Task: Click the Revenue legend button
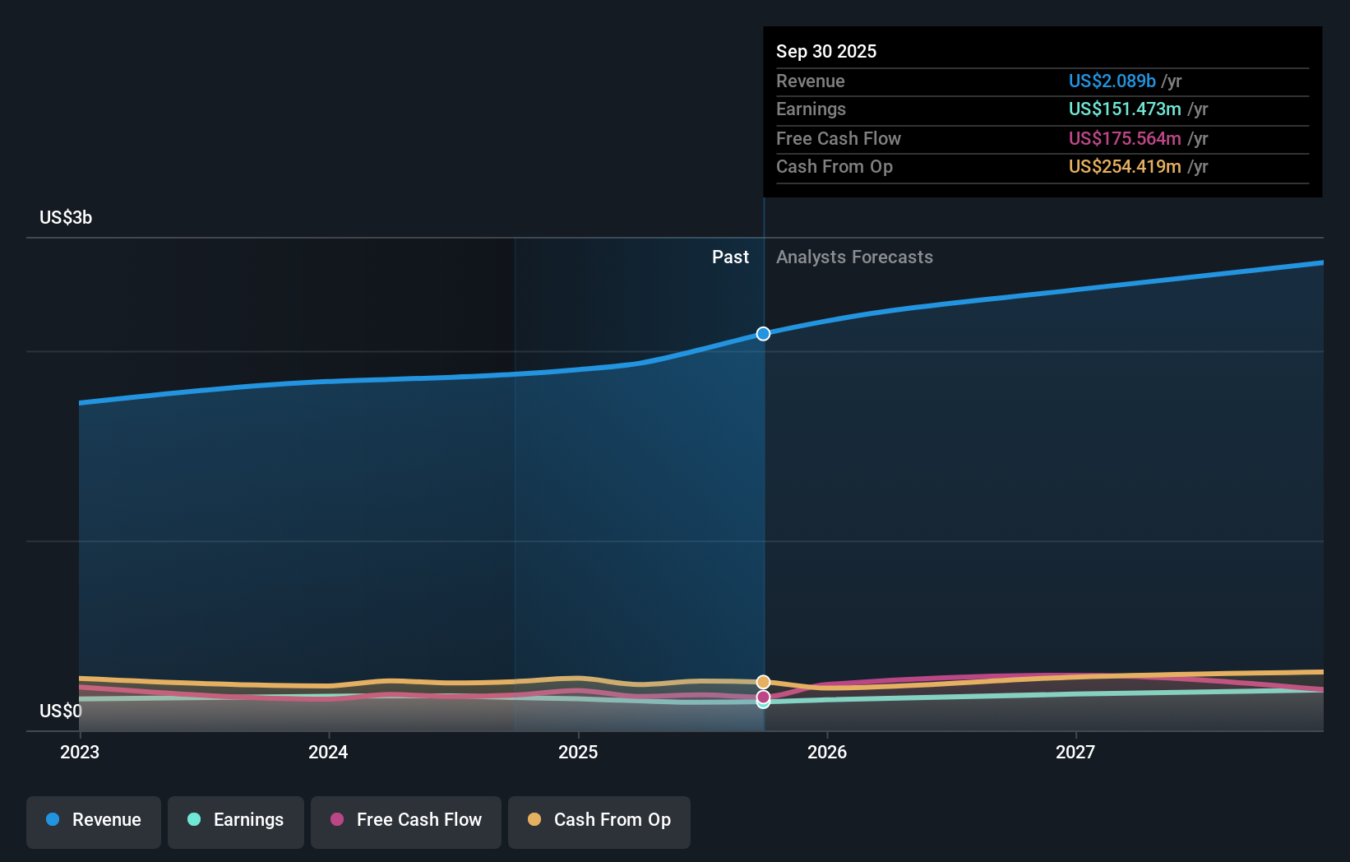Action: click(x=94, y=821)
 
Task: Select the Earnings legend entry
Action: click(x=236, y=821)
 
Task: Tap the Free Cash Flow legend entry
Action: click(x=406, y=821)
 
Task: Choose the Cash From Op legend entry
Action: click(x=599, y=821)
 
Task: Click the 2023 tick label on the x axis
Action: click(x=80, y=753)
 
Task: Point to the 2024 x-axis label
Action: click(x=328, y=753)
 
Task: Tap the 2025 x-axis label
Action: click(x=578, y=753)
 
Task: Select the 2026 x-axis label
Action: click(x=827, y=753)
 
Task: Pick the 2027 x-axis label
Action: click(x=1075, y=753)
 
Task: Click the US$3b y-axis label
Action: click(x=66, y=218)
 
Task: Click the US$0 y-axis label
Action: click(x=61, y=711)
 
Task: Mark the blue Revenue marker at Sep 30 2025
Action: click(x=763, y=334)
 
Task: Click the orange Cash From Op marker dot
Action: click(x=763, y=682)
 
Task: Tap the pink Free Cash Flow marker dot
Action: click(x=763, y=697)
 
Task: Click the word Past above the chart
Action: click(x=730, y=257)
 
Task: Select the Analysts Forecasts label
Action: click(x=854, y=257)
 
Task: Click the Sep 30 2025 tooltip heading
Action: click(x=826, y=52)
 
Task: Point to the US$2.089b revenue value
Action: click(x=1112, y=81)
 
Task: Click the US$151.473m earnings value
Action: click(x=1124, y=109)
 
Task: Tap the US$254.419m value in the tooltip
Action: click(x=1124, y=167)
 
